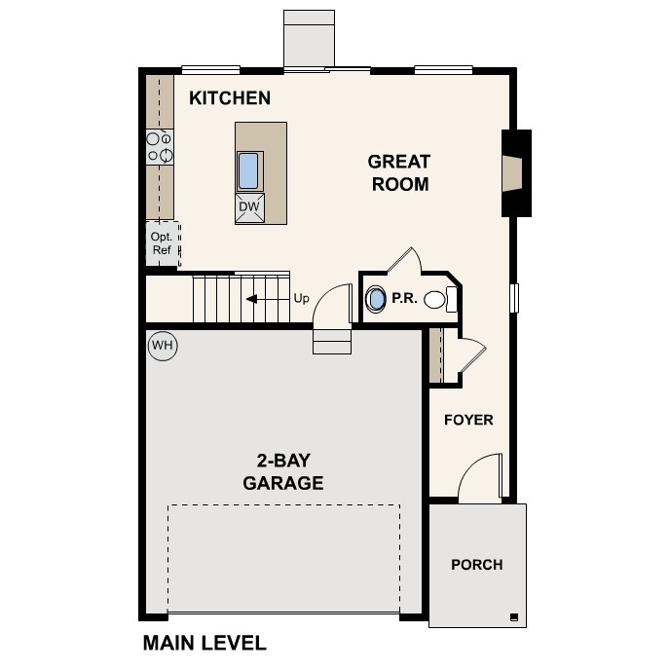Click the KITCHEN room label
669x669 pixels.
(x=230, y=98)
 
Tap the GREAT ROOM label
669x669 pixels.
(x=400, y=172)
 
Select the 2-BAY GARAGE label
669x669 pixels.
(x=282, y=472)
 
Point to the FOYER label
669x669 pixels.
(x=468, y=420)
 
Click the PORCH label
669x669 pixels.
(x=477, y=565)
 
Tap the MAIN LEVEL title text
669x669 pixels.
(x=204, y=643)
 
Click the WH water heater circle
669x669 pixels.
(x=163, y=346)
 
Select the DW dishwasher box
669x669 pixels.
(x=249, y=207)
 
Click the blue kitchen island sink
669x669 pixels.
(x=248, y=170)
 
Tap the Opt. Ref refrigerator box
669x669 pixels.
(x=163, y=243)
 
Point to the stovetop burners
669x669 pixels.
(x=160, y=147)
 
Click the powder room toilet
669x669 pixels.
(x=440, y=299)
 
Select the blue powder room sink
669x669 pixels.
(x=376, y=299)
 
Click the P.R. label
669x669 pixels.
(x=404, y=298)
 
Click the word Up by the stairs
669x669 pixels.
(x=301, y=298)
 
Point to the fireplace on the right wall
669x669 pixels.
(x=516, y=173)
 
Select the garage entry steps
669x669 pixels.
(x=332, y=341)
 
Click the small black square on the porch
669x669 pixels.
(x=514, y=616)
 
